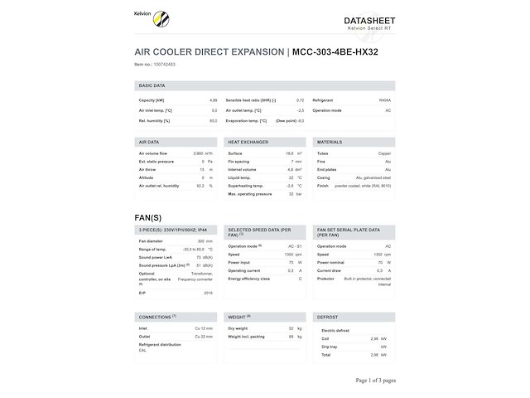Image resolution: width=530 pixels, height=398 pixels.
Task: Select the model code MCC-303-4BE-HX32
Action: pos(340,51)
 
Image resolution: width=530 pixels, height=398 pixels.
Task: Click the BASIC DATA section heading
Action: pos(152,85)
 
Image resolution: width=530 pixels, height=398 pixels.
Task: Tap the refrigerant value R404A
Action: pos(384,99)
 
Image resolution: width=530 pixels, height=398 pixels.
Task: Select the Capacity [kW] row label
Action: pos(152,99)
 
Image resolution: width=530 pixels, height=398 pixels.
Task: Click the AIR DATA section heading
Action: pos(149,142)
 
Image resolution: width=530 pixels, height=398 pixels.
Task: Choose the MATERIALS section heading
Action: pos(330,142)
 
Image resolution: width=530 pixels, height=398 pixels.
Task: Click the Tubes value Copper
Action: pos(384,153)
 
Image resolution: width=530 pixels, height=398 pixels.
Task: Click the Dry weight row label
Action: pos(238,329)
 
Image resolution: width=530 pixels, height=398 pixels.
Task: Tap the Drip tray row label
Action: pos(330,346)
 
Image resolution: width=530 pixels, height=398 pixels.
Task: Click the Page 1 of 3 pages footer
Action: pos(376,380)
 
